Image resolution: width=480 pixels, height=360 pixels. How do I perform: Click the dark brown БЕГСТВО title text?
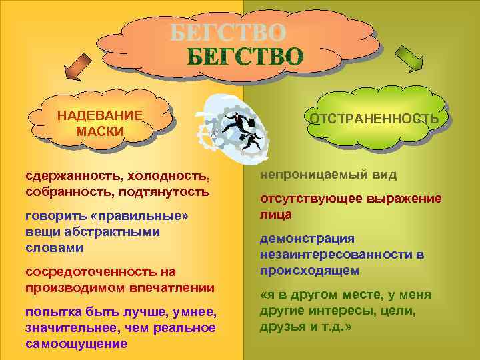click(243, 57)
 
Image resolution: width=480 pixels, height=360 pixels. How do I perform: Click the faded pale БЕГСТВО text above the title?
click(228, 32)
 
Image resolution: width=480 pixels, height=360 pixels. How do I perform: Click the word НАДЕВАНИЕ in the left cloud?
click(99, 115)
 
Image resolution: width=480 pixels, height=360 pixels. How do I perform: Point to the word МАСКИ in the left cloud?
click(100, 131)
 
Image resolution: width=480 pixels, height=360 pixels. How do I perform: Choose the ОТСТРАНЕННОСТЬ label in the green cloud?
click(373, 119)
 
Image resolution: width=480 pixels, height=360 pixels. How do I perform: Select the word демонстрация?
click(298, 239)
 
